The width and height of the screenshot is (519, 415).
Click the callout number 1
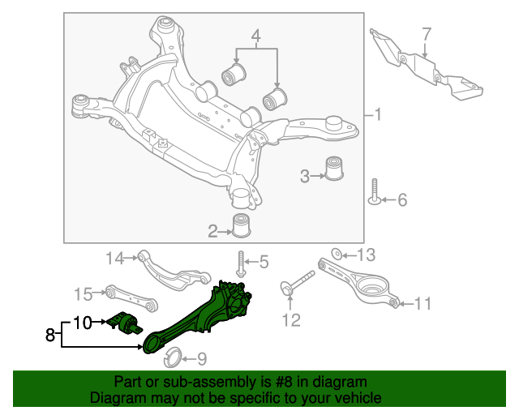point(378,115)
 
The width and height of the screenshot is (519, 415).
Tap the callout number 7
point(427,34)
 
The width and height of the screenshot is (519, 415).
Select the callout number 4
point(256,36)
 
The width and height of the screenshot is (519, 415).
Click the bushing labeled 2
point(241,226)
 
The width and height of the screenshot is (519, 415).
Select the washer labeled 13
point(338,255)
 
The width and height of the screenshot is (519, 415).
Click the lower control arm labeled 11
point(364,283)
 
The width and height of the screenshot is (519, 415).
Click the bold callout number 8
point(50,334)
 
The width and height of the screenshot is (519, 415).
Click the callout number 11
point(422,305)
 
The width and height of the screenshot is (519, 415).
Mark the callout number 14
point(116,259)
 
